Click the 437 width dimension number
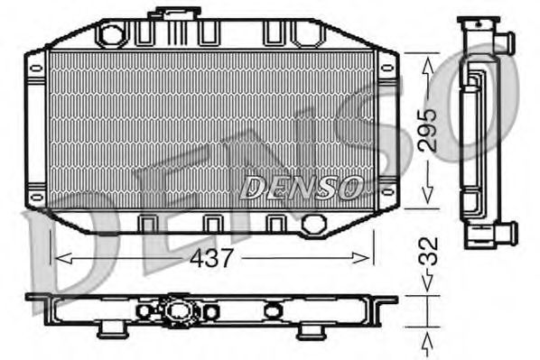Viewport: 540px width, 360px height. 213,258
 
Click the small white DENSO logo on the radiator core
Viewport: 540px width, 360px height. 302,187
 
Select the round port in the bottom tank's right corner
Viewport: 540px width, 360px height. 313,223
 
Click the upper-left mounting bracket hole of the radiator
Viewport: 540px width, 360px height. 36,67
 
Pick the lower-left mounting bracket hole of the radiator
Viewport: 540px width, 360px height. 36,195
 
